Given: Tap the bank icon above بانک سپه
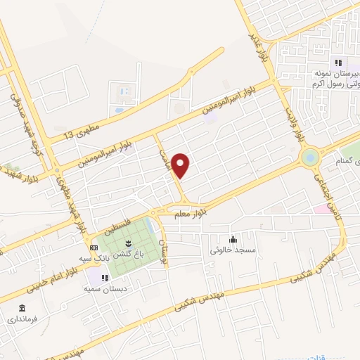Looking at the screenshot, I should coord(94,248).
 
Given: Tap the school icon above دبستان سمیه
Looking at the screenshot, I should coord(105,278).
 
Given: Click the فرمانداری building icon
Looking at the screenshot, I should coord(22,309).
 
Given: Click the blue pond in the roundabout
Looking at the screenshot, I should coord(309,157).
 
